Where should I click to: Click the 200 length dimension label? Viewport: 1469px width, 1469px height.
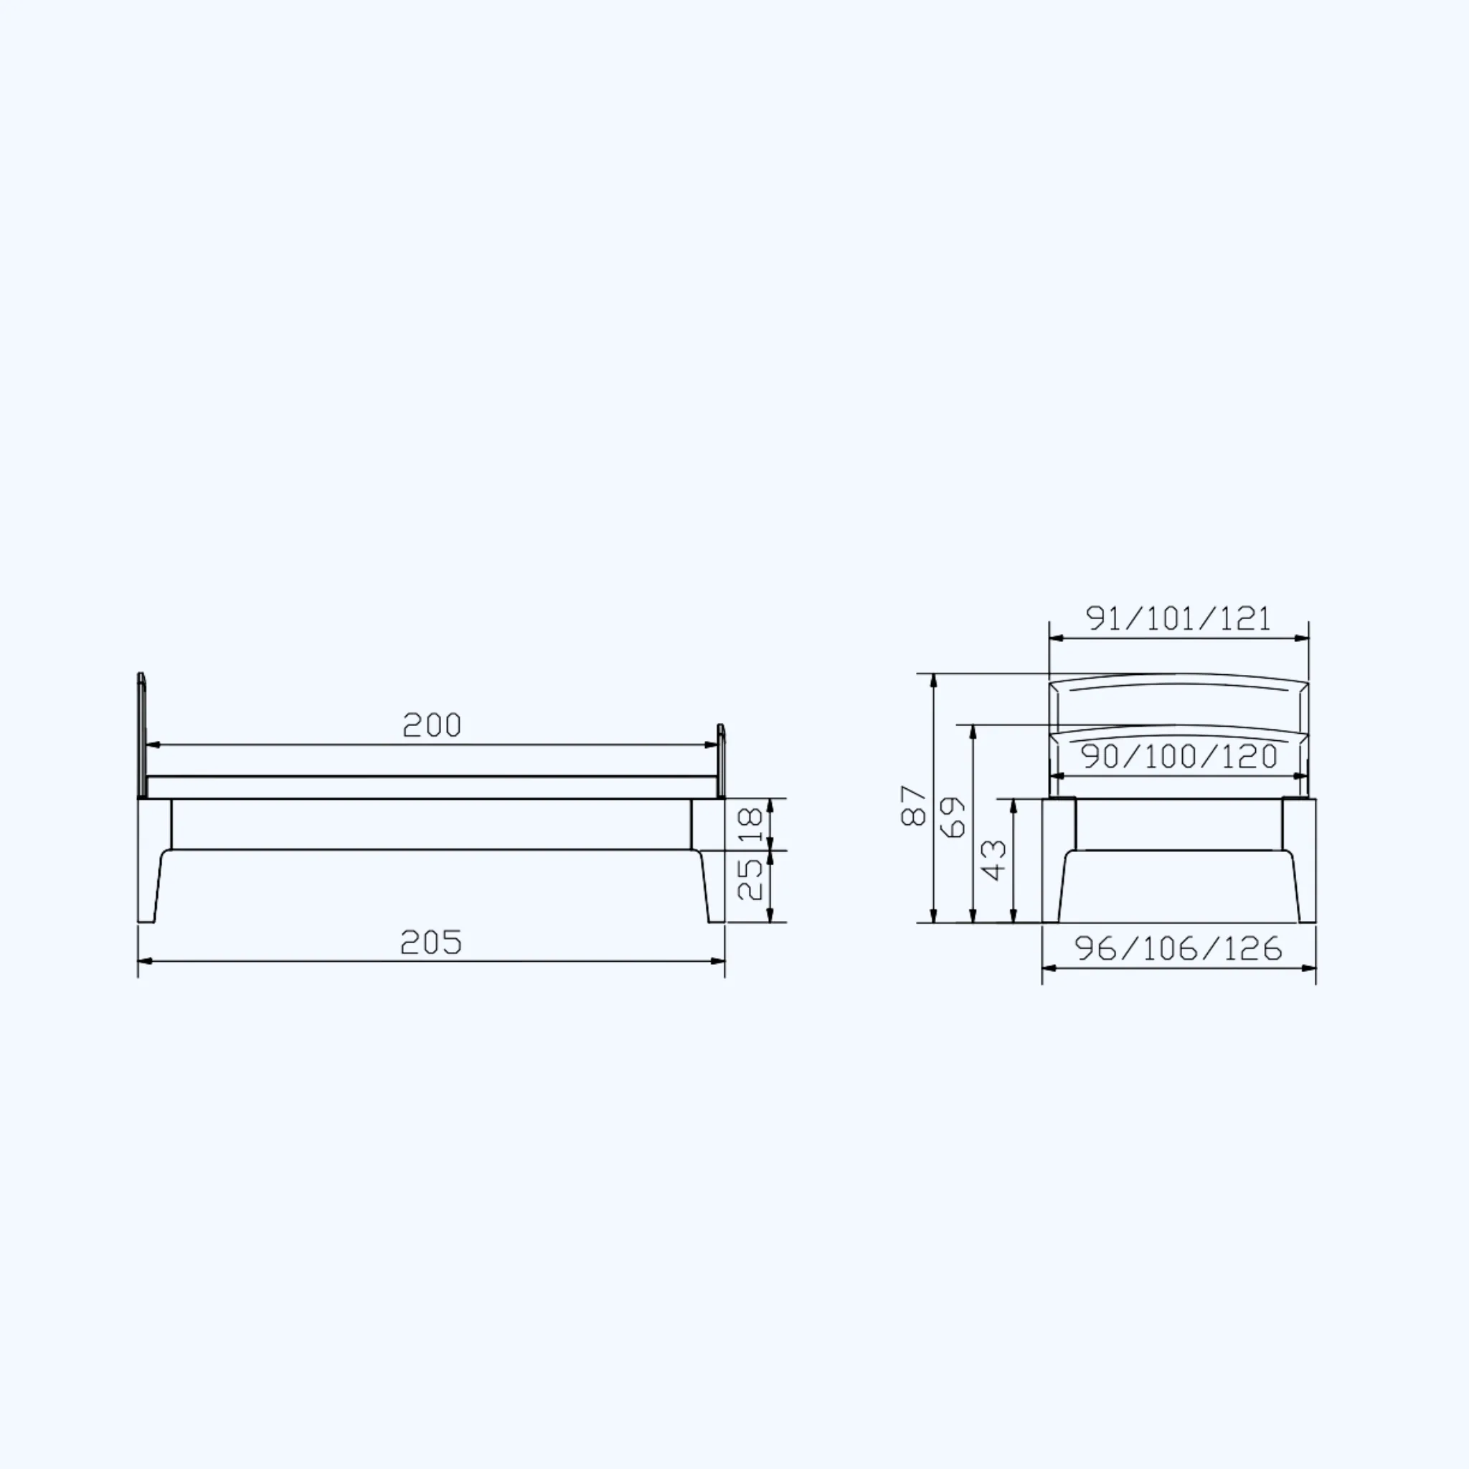tap(431, 725)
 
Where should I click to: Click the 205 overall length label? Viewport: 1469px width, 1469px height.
tap(431, 943)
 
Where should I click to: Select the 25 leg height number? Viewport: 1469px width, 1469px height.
tap(750, 878)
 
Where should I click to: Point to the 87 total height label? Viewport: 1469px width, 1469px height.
tap(913, 806)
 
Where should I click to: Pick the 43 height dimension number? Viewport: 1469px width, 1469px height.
tap(995, 860)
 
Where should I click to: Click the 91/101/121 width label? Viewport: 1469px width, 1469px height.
tap(1178, 619)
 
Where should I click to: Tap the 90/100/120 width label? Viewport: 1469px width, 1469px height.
tap(1179, 757)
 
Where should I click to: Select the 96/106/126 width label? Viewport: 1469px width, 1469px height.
tap(1178, 948)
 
